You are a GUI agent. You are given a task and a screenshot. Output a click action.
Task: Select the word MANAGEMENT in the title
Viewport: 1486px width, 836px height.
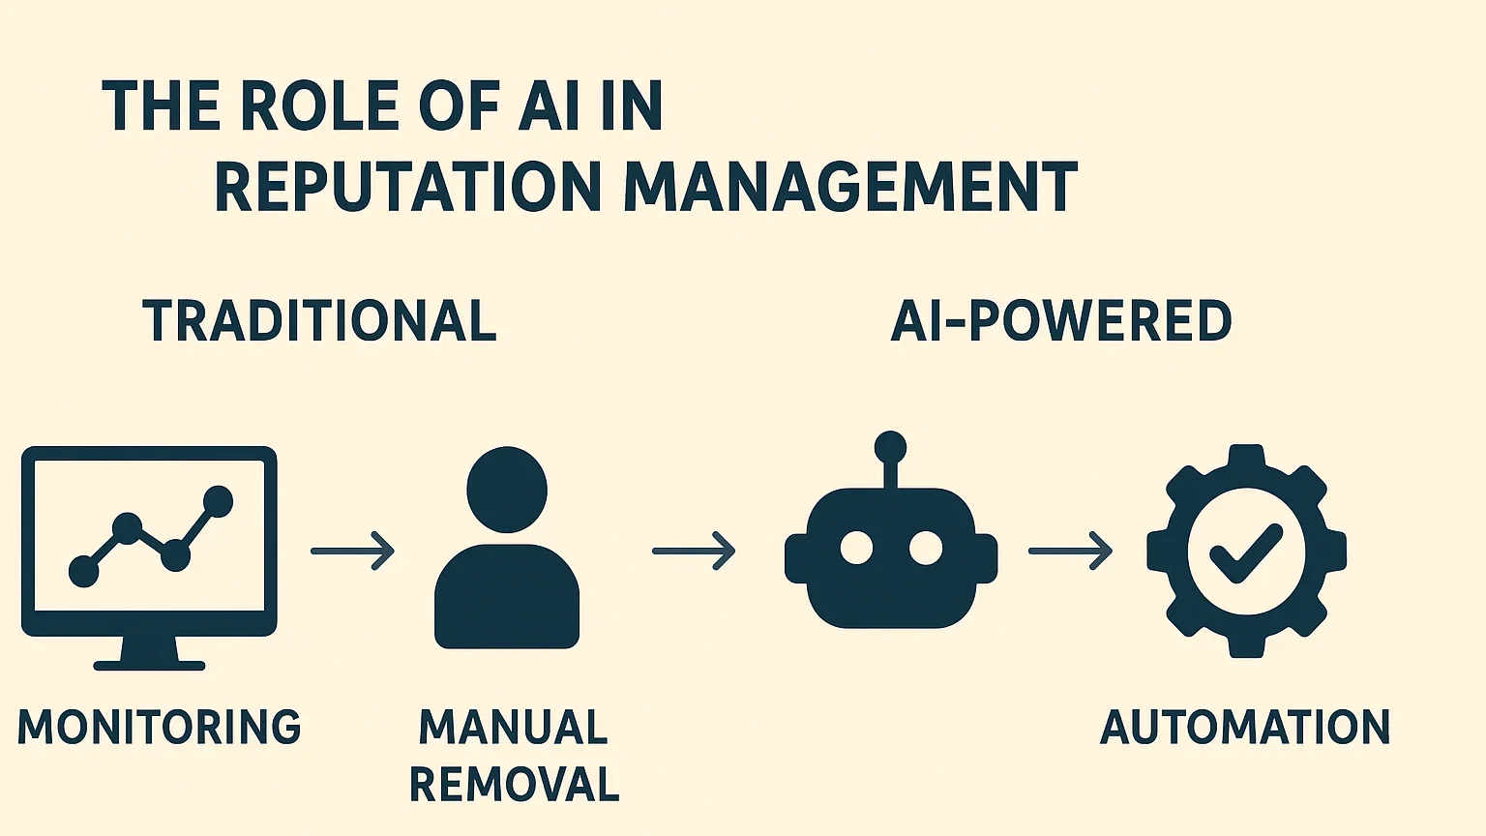point(850,187)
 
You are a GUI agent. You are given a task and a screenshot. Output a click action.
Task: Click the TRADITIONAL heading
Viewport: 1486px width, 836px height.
point(319,321)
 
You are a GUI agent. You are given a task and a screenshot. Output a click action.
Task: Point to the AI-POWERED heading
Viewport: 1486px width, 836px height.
point(1061,321)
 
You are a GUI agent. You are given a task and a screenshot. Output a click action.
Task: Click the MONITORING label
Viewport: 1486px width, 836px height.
point(160,728)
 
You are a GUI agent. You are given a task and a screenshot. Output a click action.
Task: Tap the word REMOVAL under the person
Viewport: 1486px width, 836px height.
point(514,784)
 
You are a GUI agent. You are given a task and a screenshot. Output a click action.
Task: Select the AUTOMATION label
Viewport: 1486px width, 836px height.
point(1245,728)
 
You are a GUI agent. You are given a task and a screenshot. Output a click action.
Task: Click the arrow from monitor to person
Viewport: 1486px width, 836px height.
point(353,551)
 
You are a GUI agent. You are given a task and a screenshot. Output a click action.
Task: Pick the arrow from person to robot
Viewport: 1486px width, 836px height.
point(694,551)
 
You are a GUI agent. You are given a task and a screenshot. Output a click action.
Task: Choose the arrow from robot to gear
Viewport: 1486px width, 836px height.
point(1070,551)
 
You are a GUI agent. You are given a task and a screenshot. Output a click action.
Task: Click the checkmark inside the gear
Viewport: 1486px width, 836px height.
point(1246,552)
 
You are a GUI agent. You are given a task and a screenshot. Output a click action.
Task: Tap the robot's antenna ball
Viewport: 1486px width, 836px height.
point(890,447)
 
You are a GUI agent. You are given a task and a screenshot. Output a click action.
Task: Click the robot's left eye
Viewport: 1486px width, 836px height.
point(856,548)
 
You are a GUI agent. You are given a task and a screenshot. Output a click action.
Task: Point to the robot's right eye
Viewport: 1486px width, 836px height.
point(926,548)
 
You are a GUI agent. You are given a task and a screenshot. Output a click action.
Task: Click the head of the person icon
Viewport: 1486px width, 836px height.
point(507,489)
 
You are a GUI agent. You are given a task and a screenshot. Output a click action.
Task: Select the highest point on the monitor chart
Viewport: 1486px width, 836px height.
point(219,501)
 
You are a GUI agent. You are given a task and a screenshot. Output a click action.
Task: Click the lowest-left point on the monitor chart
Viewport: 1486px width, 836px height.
point(84,571)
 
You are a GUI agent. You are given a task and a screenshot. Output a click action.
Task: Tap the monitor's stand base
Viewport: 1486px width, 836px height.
point(149,665)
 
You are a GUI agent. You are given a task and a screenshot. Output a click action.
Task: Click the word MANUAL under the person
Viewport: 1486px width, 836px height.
point(514,728)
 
